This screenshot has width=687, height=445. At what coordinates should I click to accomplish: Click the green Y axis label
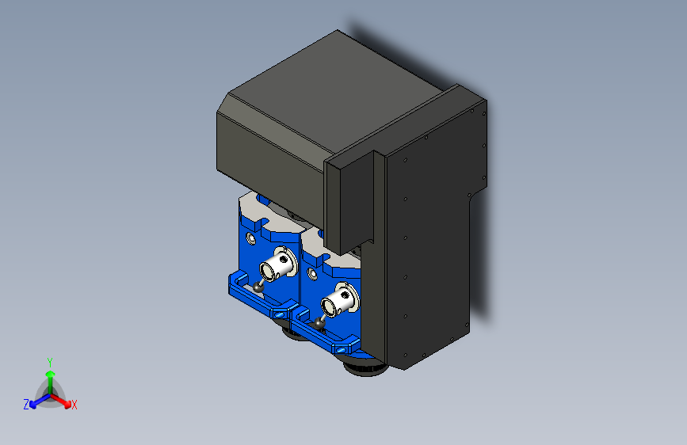(49, 360)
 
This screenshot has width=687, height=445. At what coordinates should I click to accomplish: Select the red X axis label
(74, 405)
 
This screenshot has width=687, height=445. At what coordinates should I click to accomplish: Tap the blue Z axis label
(26, 405)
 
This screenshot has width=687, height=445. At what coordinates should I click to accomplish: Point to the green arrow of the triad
(49, 375)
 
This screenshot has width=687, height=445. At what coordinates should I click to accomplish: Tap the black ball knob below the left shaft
(259, 287)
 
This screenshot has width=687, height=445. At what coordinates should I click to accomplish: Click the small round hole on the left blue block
(252, 238)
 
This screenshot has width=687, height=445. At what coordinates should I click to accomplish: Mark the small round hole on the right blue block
(311, 274)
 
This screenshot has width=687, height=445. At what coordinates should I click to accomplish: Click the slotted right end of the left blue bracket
(279, 313)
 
